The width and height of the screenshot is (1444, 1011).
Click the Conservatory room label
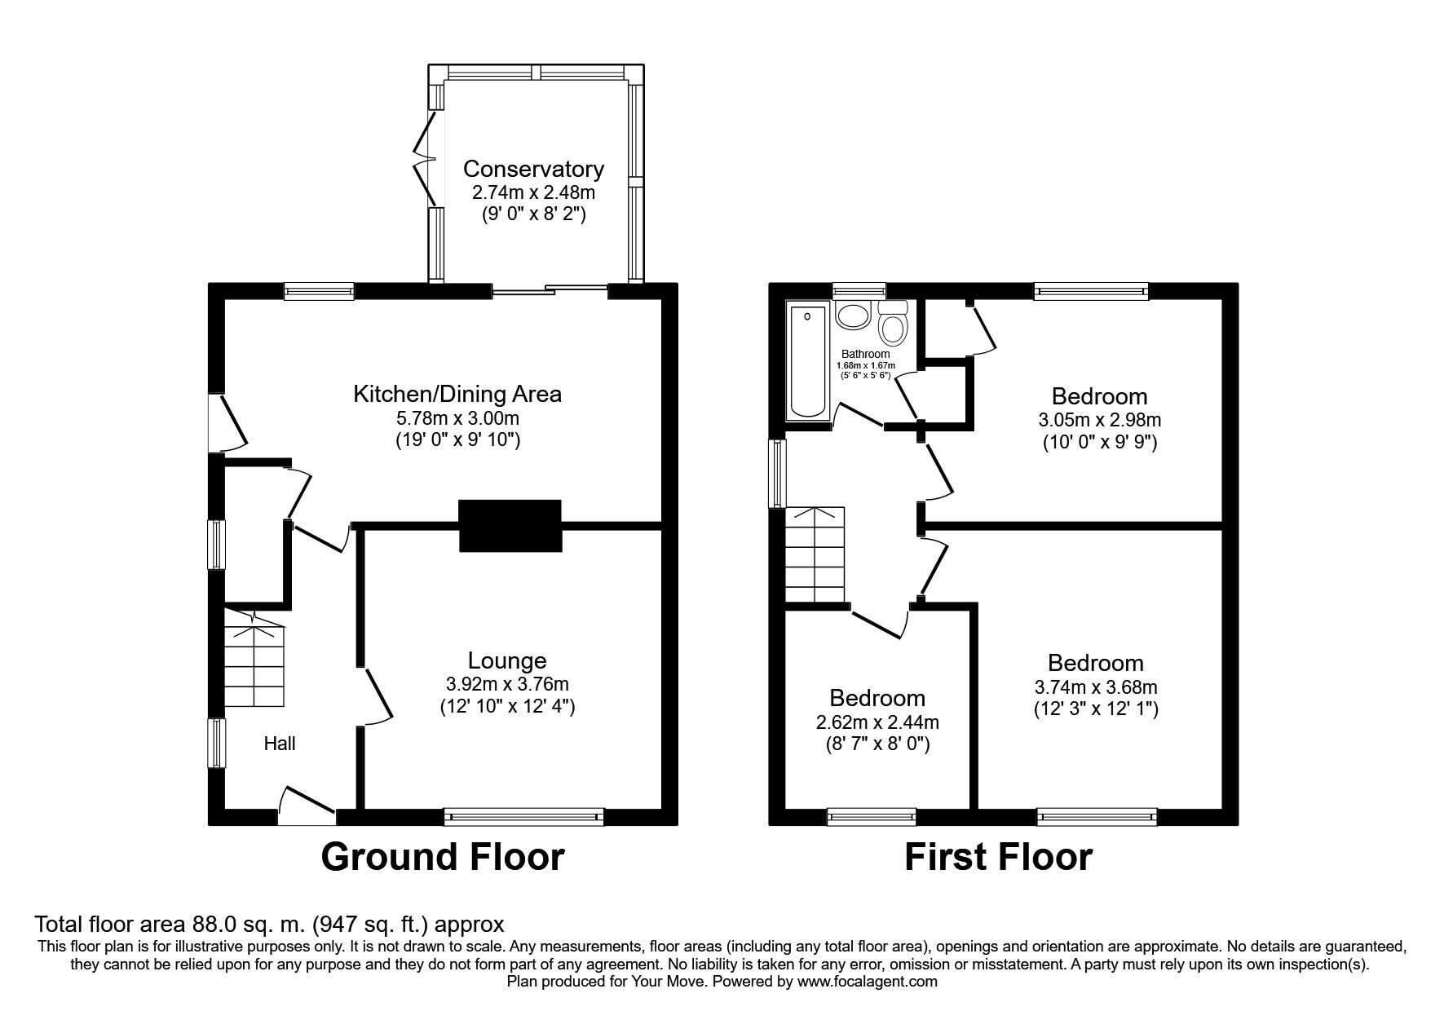click(x=533, y=169)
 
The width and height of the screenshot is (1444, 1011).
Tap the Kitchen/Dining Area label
click(x=457, y=395)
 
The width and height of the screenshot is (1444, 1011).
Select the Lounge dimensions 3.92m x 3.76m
click(x=507, y=684)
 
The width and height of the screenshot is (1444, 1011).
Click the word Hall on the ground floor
click(x=279, y=744)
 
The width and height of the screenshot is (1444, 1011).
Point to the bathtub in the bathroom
click(x=807, y=361)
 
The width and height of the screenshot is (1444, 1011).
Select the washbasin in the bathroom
click(x=854, y=316)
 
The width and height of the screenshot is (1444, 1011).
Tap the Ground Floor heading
click(x=442, y=857)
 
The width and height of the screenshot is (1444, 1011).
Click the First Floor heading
click(x=998, y=857)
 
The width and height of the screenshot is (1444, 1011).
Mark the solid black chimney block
click(x=510, y=526)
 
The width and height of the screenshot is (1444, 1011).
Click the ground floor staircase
click(x=255, y=665)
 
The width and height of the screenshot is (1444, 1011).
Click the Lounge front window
click(x=523, y=817)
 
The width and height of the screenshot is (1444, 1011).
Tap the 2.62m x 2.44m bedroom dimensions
click(x=877, y=722)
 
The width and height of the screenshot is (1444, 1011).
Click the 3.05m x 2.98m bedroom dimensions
click(x=1099, y=421)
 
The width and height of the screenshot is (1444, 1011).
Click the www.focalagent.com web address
click(x=868, y=982)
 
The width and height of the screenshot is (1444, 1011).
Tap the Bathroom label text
click(x=865, y=355)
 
